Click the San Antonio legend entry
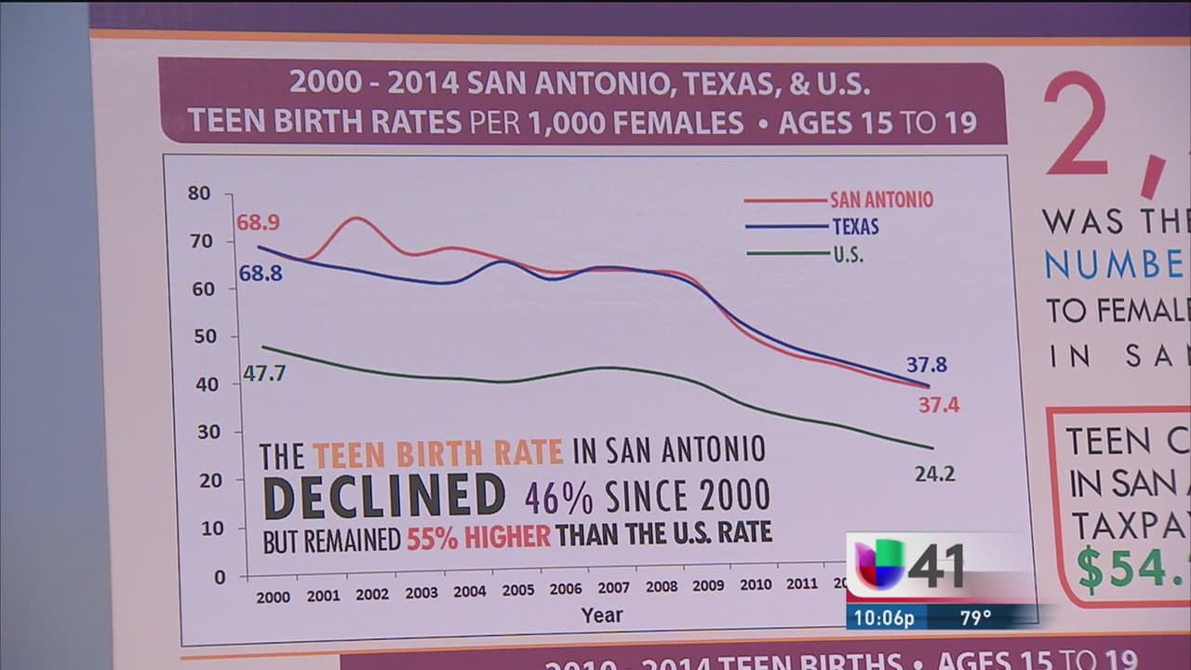pos(881,200)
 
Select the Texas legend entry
pos(854,227)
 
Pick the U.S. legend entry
pos(848,254)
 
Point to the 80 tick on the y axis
pos(199,194)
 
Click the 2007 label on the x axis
pos(614,588)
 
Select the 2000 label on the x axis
pos(274,597)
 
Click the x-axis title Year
pos(602,615)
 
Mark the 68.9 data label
pos(258,223)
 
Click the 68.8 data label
pos(261,274)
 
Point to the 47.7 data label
pos(264,373)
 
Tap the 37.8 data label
pos(926,365)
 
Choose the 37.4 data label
pos(938,405)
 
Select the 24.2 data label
pos(934,474)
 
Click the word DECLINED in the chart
pos(384,496)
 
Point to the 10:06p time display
pos(883,617)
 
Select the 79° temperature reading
pos(975,617)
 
